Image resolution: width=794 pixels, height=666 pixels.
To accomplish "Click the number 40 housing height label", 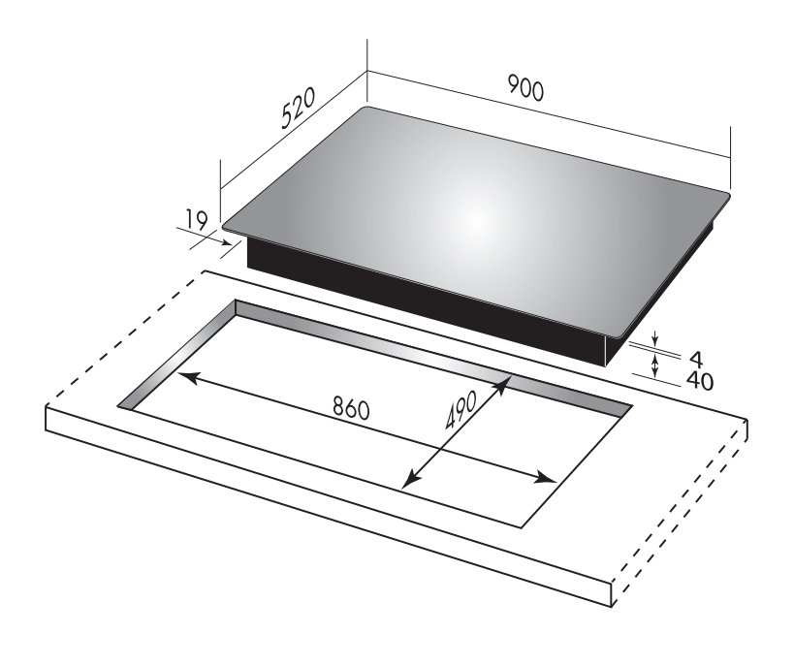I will (697, 380).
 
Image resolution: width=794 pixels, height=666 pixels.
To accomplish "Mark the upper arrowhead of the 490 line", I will (505, 385).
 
